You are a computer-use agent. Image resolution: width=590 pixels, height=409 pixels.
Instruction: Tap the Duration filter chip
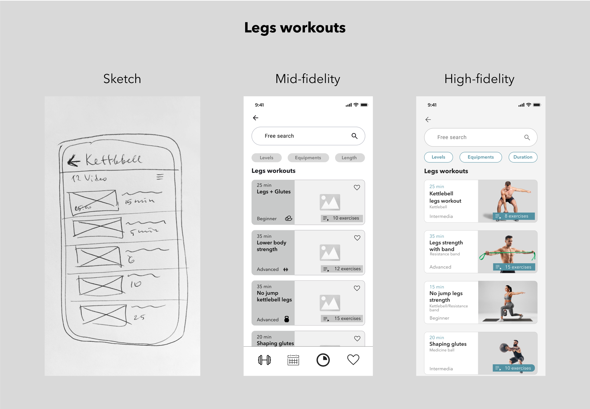tap(523, 157)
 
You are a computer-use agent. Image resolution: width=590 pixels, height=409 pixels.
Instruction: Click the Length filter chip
tap(349, 158)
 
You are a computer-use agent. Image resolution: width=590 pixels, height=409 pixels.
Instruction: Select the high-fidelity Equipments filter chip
tap(480, 157)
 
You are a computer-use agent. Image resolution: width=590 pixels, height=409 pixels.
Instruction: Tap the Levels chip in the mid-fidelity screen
tap(266, 158)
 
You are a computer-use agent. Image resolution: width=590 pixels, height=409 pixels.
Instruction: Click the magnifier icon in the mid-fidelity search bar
tap(354, 136)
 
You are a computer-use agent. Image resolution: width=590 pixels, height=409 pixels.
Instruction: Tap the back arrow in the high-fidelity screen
tap(428, 119)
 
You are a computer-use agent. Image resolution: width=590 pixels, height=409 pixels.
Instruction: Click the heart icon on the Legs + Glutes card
tap(357, 187)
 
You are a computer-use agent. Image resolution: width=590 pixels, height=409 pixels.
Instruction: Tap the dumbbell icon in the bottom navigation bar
tap(264, 360)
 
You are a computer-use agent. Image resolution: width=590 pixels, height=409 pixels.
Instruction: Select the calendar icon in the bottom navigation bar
tap(293, 360)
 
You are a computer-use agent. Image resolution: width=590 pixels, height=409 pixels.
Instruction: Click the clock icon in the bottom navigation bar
tap(323, 360)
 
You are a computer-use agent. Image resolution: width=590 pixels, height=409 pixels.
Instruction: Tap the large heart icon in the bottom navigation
tap(353, 359)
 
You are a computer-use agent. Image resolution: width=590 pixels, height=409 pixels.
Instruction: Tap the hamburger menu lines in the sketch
tap(160, 177)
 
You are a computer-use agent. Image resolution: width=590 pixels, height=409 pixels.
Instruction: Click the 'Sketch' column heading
tap(122, 79)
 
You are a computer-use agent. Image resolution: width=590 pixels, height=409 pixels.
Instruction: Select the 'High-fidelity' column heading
tap(479, 79)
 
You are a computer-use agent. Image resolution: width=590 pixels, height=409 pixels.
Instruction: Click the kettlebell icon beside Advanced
tap(287, 319)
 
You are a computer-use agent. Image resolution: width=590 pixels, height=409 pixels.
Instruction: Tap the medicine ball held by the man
tap(504, 348)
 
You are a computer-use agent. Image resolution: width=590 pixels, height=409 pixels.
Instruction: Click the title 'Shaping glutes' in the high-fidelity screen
tap(448, 344)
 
